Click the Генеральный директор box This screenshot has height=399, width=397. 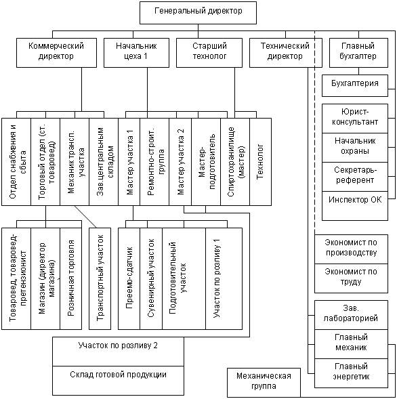click(x=198, y=13)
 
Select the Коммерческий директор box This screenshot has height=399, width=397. click(x=56, y=53)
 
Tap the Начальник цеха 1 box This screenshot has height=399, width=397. click(x=136, y=53)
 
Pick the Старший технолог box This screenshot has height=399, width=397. click(x=209, y=53)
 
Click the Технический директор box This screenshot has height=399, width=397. click(x=286, y=53)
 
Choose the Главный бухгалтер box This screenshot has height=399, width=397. click(x=358, y=53)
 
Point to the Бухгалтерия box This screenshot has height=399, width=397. click(x=355, y=85)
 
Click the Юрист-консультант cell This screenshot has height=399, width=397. click(x=355, y=119)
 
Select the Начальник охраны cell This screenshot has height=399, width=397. click(x=355, y=148)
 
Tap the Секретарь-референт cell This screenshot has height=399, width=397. click(x=355, y=177)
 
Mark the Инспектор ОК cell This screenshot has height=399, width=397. click(x=355, y=206)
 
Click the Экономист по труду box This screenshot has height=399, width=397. click(x=351, y=278)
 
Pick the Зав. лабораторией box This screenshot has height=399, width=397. click(x=351, y=315)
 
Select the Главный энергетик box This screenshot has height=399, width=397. click(x=351, y=373)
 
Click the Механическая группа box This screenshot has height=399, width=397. click(x=264, y=382)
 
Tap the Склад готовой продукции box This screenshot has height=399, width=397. click(x=118, y=381)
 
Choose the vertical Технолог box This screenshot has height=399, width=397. click(x=261, y=162)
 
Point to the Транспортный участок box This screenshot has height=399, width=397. click(x=100, y=278)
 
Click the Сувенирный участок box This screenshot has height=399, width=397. click(x=151, y=278)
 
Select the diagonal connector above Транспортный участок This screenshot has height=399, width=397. click(x=85, y=217)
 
